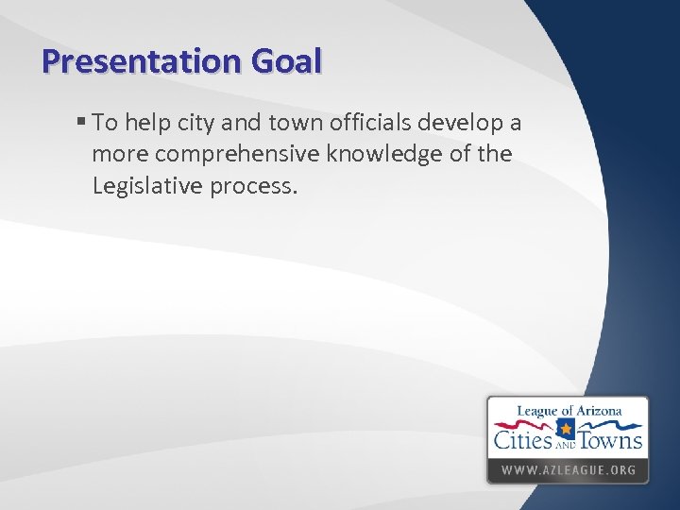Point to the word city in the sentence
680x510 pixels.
pos(191,124)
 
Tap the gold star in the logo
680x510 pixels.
pos(567,432)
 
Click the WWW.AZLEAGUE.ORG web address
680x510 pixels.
pos(568,469)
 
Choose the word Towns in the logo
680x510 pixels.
pos(611,440)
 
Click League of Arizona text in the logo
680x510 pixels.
pos(569,411)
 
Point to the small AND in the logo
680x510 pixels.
pos(567,444)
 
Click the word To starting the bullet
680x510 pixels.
pos(105,124)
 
